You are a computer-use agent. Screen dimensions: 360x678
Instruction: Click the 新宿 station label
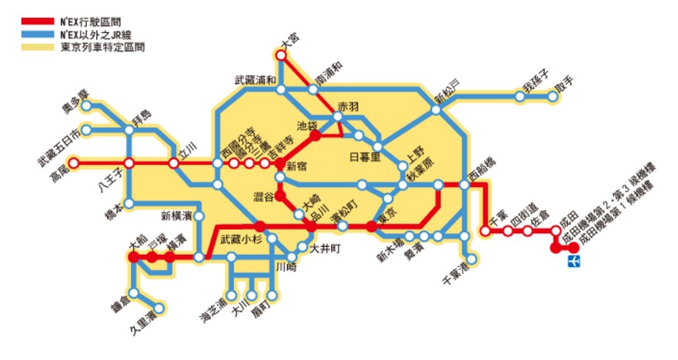(297, 166)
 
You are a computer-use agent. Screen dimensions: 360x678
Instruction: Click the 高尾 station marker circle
(75, 163)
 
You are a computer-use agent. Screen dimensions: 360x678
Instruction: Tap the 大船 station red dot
(135, 257)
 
